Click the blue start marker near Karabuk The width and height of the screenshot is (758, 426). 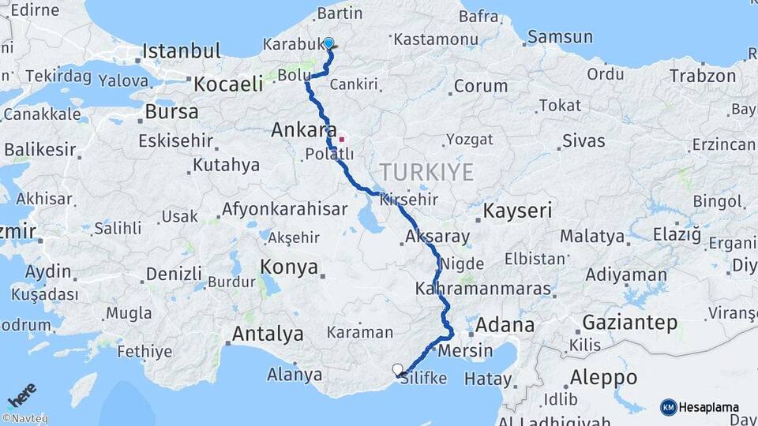(328, 44)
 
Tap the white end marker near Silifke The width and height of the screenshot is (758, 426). (398, 368)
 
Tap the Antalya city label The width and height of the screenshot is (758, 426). (267, 334)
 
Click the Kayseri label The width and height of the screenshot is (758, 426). (517, 211)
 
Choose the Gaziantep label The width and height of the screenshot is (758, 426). (630, 322)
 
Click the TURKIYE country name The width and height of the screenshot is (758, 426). (426, 172)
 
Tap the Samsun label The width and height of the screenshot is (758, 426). (559, 36)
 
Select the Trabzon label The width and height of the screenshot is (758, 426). (703, 77)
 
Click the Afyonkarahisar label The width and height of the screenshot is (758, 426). (284, 210)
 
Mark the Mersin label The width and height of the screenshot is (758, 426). (464, 350)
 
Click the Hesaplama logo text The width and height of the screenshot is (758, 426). (708, 408)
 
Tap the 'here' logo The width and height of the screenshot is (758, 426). (22, 394)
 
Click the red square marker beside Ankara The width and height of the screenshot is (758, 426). (342, 140)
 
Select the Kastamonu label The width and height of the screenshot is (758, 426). (447, 39)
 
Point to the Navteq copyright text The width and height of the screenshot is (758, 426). (24, 419)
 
